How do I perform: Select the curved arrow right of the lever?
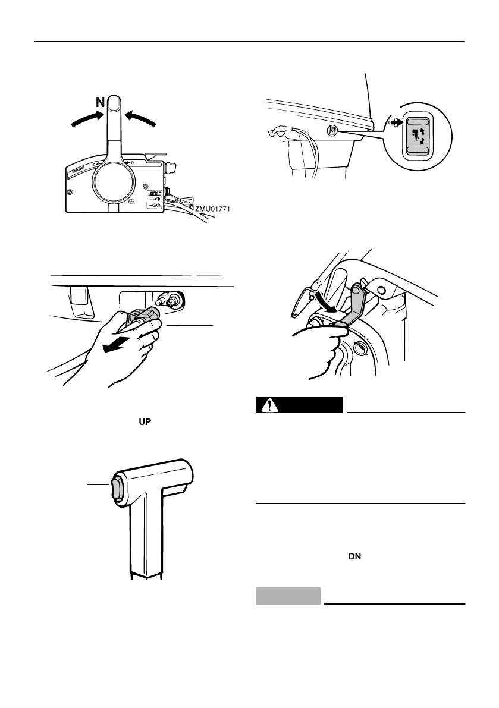pyautogui.click(x=143, y=119)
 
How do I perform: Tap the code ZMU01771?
pyautogui.click(x=212, y=209)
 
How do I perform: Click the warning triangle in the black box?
pyautogui.click(x=271, y=405)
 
